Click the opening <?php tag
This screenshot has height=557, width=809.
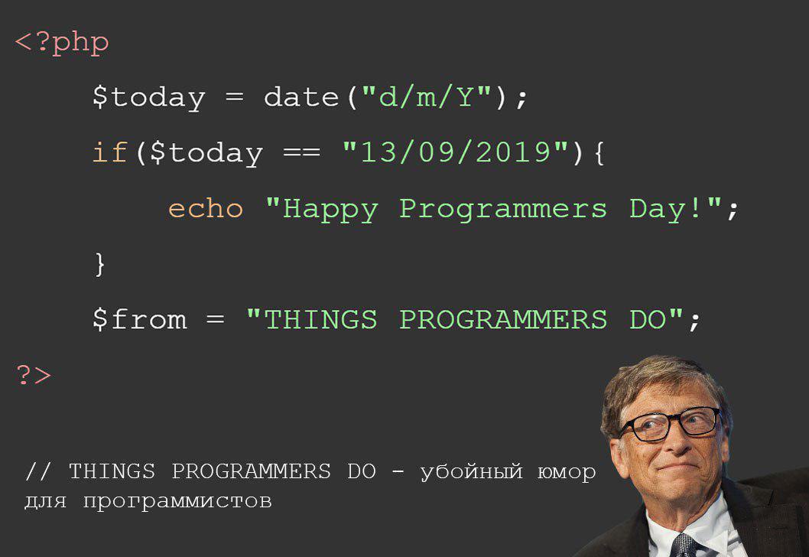62,42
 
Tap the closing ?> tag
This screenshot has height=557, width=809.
34,375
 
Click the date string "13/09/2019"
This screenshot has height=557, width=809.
456,152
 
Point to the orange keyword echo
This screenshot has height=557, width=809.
206,208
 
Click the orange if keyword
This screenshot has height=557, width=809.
109,151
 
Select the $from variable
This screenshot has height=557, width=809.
139,318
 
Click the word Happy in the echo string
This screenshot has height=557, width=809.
331,210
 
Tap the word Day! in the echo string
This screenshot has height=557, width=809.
665,210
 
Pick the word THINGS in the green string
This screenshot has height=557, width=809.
320,319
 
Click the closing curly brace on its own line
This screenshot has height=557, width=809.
100,264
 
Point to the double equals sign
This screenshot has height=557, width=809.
302,153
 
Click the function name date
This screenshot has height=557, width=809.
301,96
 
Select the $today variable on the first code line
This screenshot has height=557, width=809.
148,98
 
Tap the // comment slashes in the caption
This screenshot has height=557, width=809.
37,471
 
